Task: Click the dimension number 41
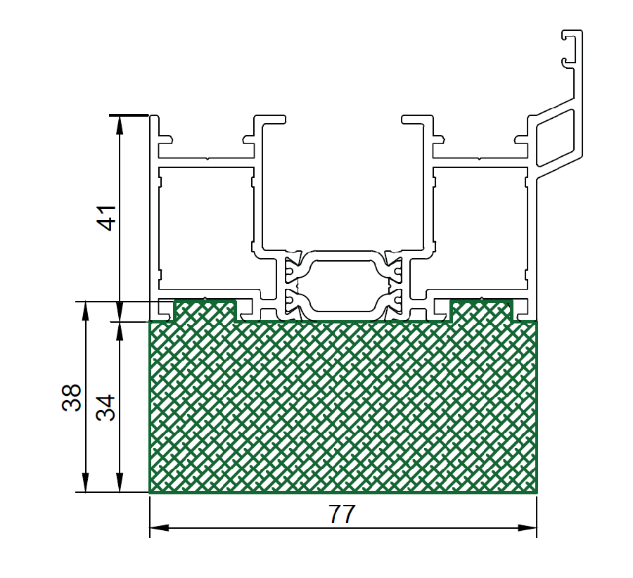108,218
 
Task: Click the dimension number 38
72,397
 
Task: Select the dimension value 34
105,408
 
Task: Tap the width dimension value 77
342,514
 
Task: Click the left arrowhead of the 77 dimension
159,527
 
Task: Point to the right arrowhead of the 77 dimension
527,527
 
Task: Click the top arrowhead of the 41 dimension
119,124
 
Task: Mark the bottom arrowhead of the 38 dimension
85,482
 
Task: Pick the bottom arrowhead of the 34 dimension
119,482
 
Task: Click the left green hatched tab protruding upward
205,311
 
